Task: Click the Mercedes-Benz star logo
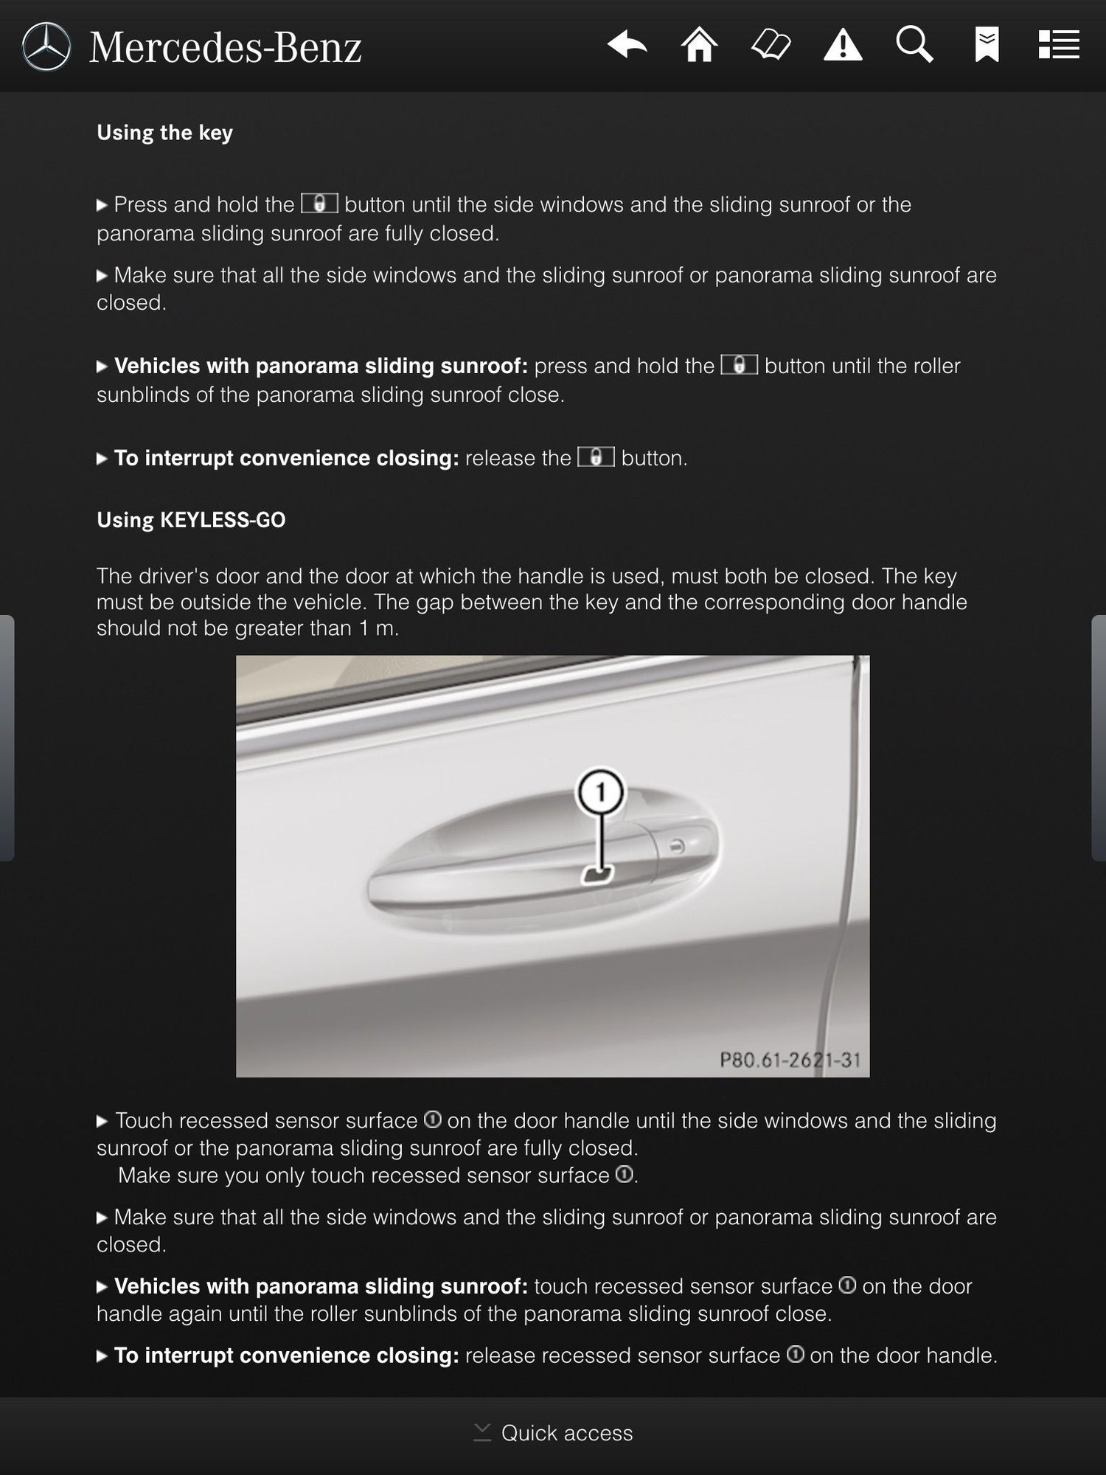[x=46, y=46]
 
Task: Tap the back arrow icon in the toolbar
[x=627, y=45]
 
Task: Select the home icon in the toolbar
[x=699, y=45]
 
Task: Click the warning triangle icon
[x=843, y=46]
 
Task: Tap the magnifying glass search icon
[x=914, y=45]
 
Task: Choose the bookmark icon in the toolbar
[x=987, y=45]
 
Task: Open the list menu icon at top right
[x=1059, y=45]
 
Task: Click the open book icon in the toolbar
[x=771, y=45]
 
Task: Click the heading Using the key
[x=164, y=133]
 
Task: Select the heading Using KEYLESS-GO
[x=191, y=520]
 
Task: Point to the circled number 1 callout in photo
[x=601, y=793]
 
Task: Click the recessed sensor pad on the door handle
[x=598, y=875]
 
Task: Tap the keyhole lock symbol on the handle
[x=678, y=845]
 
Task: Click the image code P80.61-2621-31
[x=790, y=1060]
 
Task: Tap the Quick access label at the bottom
[x=566, y=1433]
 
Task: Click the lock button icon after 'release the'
[x=596, y=457]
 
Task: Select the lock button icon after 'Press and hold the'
[x=319, y=204]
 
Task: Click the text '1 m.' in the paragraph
[x=379, y=628]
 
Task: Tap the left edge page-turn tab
[x=7, y=737]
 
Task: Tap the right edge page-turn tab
[x=1099, y=737]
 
